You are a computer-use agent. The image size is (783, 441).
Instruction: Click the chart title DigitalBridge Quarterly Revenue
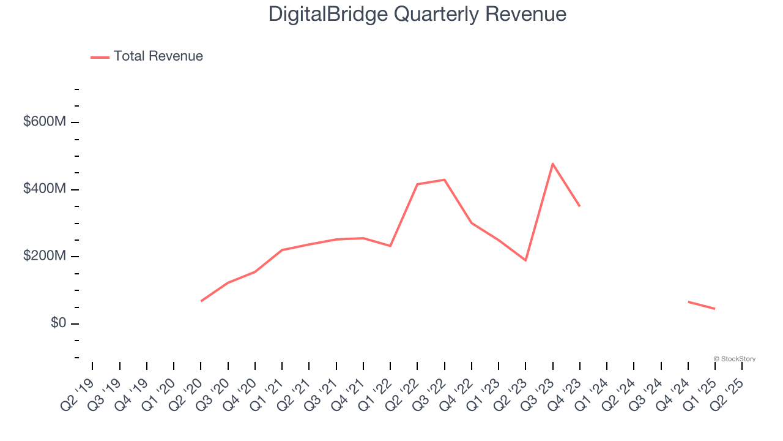pyautogui.click(x=417, y=14)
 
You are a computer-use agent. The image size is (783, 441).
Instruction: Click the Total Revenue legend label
pyautogui.click(x=158, y=56)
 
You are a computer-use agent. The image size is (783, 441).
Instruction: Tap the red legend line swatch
pyautogui.click(x=100, y=57)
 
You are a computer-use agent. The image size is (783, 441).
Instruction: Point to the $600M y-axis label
pyautogui.click(x=45, y=122)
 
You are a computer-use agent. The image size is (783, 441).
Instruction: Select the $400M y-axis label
pyautogui.click(x=45, y=189)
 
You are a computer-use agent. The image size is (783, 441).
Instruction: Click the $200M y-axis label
pyautogui.click(x=45, y=256)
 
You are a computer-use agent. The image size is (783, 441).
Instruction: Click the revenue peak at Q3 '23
pyautogui.click(x=553, y=164)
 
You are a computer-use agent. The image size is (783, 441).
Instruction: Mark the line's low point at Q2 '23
pyautogui.click(x=525, y=260)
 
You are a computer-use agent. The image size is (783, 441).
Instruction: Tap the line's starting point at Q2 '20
pyautogui.click(x=201, y=301)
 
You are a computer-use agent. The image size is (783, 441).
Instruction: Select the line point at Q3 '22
pyautogui.click(x=444, y=179)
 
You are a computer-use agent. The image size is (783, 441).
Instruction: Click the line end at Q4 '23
pyautogui.click(x=579, y=206)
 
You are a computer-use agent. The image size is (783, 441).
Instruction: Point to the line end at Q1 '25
pyautogui.click(x=714, y=309)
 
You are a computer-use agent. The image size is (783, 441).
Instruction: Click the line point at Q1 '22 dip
pyautogui.click(x=390, y=246)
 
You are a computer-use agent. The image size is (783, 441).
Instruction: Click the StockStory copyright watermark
pyautogui.click(x=734, y=359)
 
